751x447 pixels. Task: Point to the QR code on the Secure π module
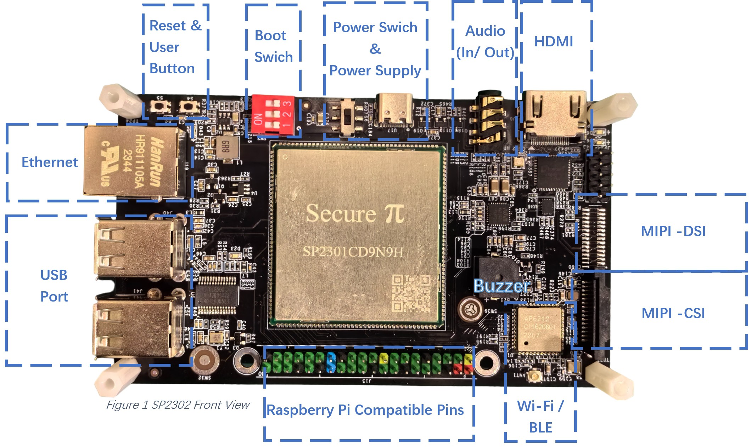tap(411, 293)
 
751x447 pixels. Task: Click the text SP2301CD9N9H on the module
tap(353, 252)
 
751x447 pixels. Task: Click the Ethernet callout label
tap(49, 162)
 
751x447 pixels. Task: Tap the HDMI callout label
tap(553, 41)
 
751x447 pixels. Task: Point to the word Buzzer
tap(502, 286)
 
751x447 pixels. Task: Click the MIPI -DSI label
tap(673, 231)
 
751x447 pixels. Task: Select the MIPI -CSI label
tap(673, 313)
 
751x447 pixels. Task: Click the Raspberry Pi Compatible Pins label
tap(365, 410)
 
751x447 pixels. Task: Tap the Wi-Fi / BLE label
tap(540, 417)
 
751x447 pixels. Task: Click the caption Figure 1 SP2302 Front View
tap(178, 405)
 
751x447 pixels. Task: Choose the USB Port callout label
tap(54, 286)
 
